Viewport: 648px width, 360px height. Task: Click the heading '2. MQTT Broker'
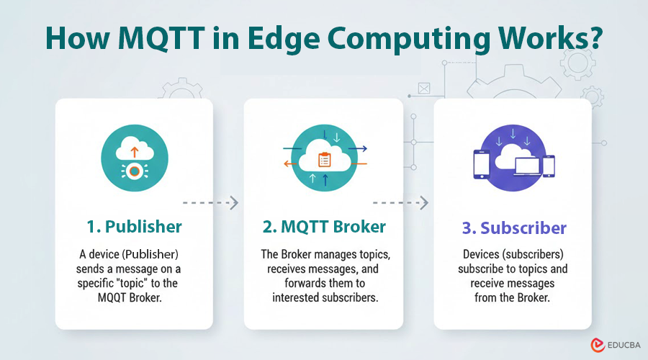tap(323, 227)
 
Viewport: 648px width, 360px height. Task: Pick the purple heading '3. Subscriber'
tap(513, 228)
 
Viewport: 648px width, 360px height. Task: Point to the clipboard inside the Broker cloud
tap(324, 160)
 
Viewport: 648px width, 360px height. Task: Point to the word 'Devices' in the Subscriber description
tap(477, 254)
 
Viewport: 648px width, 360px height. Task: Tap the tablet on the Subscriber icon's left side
tap(482, 163)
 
